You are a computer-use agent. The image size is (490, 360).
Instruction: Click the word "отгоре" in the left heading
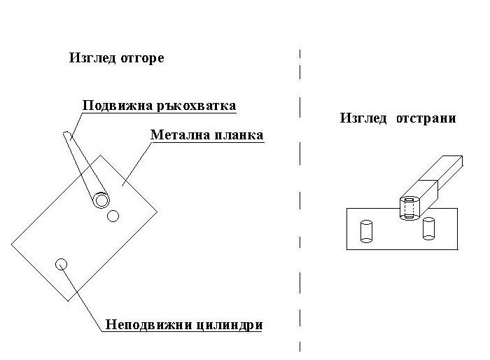point(141,58)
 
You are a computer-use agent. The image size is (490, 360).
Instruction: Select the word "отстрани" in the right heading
point(426,118)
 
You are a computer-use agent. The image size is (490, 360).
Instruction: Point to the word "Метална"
point(176,134)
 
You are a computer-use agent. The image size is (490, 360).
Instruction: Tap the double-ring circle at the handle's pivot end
point(102,201)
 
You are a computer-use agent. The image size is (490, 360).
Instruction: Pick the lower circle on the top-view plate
point(61,264)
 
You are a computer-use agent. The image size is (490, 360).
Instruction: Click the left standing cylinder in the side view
point(365,231)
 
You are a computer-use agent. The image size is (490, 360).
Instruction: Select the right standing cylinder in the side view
point(429,229)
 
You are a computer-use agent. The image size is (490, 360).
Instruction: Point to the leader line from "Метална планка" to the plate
point(136,162)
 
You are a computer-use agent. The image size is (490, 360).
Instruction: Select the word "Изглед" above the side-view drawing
point(364,118)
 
